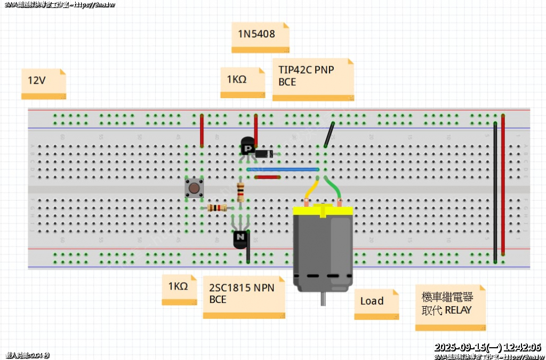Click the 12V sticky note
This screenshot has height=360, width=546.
click(43, 83)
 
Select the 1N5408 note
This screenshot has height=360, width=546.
click(260, 37)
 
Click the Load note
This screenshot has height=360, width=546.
click(376, 303)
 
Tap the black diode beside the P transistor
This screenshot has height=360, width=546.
click(264, 154)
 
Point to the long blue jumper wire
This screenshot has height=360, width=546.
click(283, 169)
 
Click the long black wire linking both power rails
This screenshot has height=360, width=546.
click(495, 192)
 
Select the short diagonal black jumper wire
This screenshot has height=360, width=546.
click(329, 134)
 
